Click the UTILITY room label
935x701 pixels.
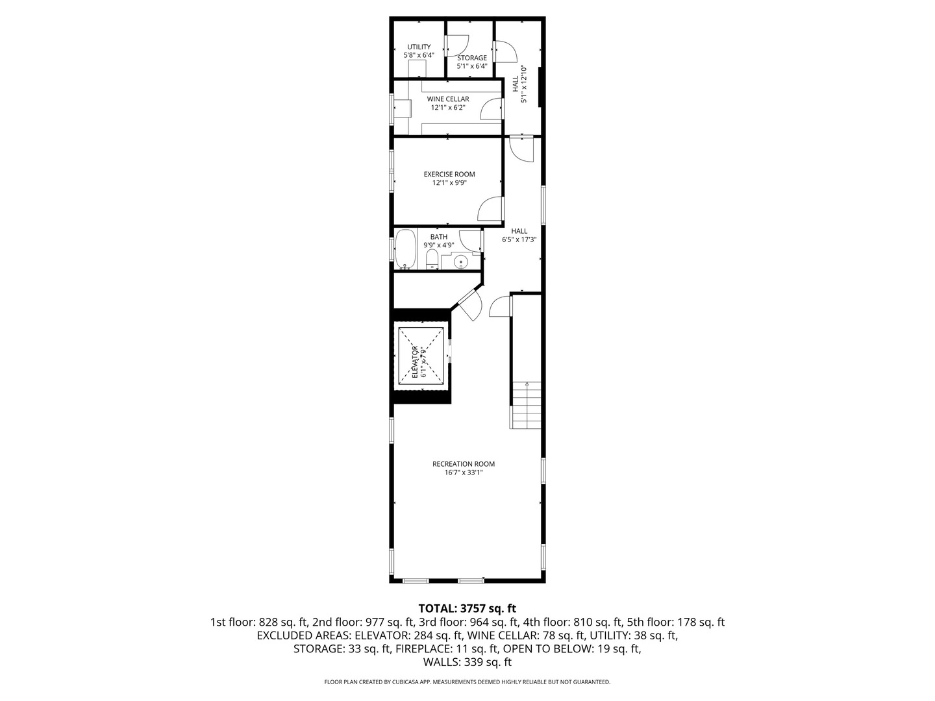(x=419, y=47)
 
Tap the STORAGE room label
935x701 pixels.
(x=471, y=58)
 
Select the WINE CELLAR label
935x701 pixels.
(x=447, y=99)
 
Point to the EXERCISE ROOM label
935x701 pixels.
(x=449, y=174)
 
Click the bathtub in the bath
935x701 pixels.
(x=405, y=249)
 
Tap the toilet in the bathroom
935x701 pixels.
(x=432, y=259)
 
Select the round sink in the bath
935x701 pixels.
(x=460, y=261)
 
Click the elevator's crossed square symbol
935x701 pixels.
(x=421, y=354)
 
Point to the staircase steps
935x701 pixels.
(x=525, y=405)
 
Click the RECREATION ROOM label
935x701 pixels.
(x=464, y=464)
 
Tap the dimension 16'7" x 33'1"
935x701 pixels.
(x=464, y=473)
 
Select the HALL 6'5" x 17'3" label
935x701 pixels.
(x=519, y=236)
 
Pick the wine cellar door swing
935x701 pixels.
(x=491, y=108)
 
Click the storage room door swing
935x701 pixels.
(x=457, y=46)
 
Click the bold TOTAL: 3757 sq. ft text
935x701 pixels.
(x=467, y=608)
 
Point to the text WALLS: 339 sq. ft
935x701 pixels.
(x=467, y=662)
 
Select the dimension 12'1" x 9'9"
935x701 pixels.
(x=449, y=182)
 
